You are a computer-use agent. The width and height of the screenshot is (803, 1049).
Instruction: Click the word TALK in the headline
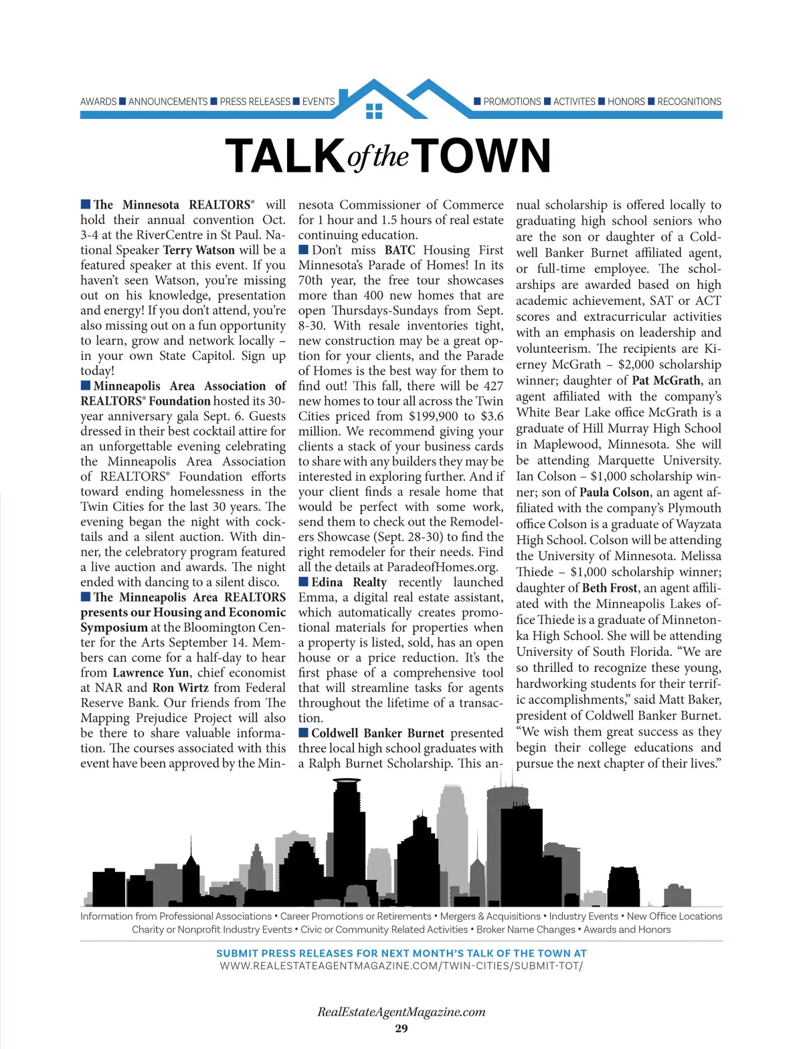coord(285,156)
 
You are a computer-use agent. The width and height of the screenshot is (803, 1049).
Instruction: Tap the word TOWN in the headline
coord(484,156)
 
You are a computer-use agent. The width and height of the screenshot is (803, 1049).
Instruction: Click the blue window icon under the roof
coord(374,110)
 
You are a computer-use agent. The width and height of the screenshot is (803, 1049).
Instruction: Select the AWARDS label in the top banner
coord(98,102)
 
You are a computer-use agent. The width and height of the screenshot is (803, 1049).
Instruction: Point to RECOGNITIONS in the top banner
coord(689,102)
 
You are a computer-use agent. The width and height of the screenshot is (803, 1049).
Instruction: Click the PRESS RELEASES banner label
coord(255,102)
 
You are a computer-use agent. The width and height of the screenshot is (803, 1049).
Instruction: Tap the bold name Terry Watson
coord(199,250)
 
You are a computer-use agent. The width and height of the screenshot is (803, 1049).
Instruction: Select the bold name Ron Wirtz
coord(180,687)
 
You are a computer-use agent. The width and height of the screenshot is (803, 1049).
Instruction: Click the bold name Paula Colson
coord(614,492)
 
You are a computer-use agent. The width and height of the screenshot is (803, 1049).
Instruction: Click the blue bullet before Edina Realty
coord(304,582)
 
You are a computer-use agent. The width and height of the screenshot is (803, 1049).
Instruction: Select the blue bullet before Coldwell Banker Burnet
coord(304,733)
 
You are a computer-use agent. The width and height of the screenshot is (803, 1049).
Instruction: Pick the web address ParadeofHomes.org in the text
coord(442,567)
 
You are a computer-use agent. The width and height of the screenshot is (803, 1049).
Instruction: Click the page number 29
coord(401,1028)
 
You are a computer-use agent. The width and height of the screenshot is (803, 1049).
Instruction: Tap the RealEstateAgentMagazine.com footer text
coord(401,1012)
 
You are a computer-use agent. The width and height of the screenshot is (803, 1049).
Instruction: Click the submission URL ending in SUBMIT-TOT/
coord(401,966)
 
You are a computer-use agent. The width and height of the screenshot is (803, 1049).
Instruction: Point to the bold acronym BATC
coord(399,250)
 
